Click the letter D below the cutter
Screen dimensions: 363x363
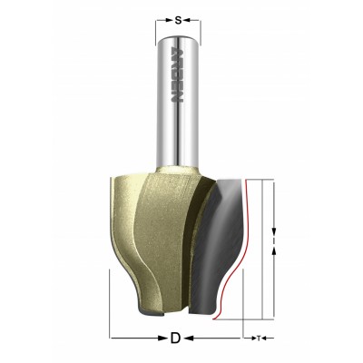point(174,338)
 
